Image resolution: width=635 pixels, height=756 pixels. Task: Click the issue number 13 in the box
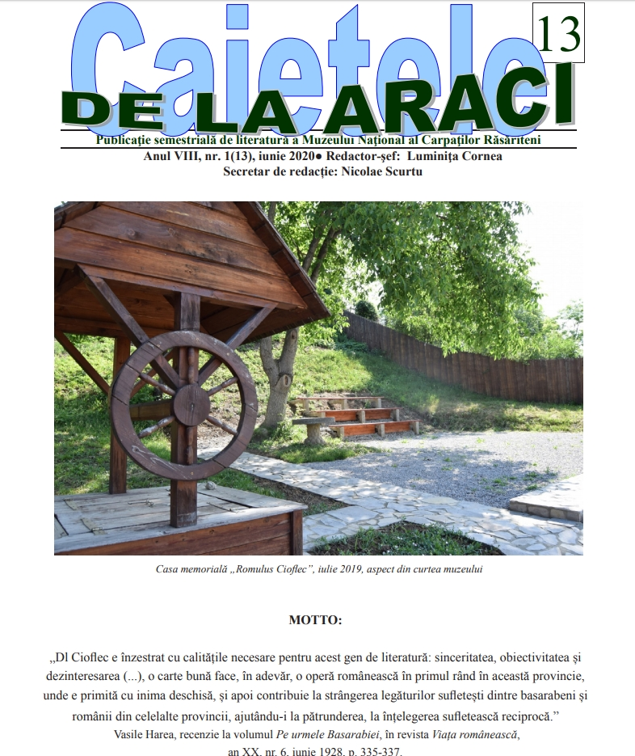pos(557,34)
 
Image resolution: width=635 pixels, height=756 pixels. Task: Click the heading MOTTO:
pos(315,620)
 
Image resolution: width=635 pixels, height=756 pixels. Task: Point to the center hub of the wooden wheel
pos(191,403)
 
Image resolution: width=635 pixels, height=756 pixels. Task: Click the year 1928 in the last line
pos(348,751)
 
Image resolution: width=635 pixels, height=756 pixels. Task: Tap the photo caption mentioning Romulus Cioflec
pos(318,569)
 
